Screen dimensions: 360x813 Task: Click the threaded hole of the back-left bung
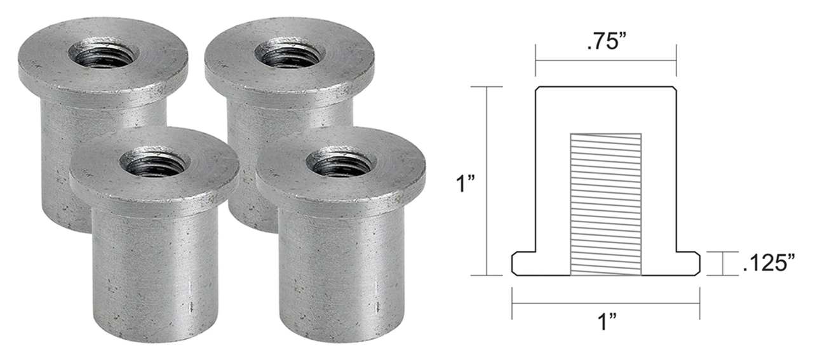click(x=104, y=55)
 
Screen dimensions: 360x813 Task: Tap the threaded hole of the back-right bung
click(x=290, y=55)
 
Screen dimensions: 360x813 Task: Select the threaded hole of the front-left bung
click(x=155, y=164)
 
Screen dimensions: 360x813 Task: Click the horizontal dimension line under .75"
click(x=605, y=60)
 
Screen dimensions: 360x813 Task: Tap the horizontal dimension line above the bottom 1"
click(x=605, y=303)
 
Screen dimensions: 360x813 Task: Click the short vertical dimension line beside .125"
click(x=723, y=263)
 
